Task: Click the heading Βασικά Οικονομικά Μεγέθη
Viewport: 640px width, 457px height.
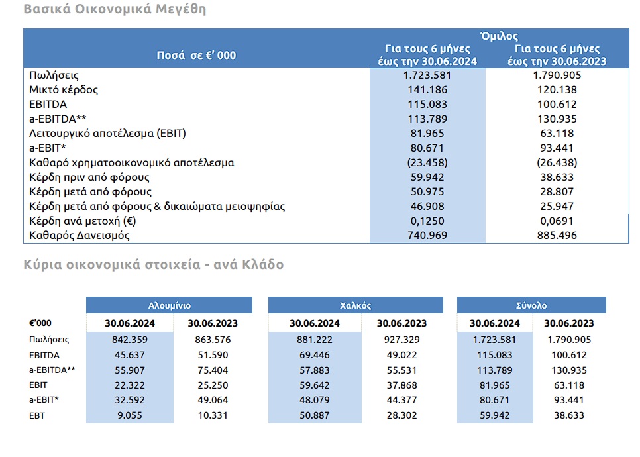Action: [x=115, y=9]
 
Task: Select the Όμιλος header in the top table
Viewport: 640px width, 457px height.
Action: [x=499, y=36]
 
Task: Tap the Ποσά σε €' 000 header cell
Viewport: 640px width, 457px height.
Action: [x=196, y=55]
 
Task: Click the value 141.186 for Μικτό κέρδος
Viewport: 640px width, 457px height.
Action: [x=427, y=90]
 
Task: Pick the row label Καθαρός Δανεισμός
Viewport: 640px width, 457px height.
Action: [x=80, y=235]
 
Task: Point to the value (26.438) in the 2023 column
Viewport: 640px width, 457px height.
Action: [x=557, y=162]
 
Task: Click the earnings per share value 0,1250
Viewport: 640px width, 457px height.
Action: [x=427, y=221]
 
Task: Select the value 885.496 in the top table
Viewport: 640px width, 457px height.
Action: [x=557, y=235]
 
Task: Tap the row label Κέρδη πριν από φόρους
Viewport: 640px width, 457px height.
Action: [x=89, y=177]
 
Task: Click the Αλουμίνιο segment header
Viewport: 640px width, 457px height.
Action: [x=170, y=305]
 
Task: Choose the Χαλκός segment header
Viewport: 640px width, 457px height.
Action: [x=356, y=305]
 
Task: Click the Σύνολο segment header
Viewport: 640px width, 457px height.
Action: [x=531, y=305]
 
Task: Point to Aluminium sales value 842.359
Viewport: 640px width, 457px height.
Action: [x=130, y=340]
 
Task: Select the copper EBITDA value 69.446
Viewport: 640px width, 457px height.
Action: [x=314, y=355]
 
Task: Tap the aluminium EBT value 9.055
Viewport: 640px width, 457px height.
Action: [x=130, y=415]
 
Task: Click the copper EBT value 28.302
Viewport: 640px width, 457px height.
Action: [x=401, y=415]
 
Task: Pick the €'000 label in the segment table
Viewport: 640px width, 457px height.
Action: [x=40, y=323]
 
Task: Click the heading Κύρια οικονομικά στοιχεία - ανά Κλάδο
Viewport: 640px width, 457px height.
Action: [x=154, y=264]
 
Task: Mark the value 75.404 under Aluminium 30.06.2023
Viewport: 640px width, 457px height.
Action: [x=213, y=370]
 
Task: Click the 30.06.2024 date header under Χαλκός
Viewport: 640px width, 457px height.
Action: [x=314, y=323]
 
